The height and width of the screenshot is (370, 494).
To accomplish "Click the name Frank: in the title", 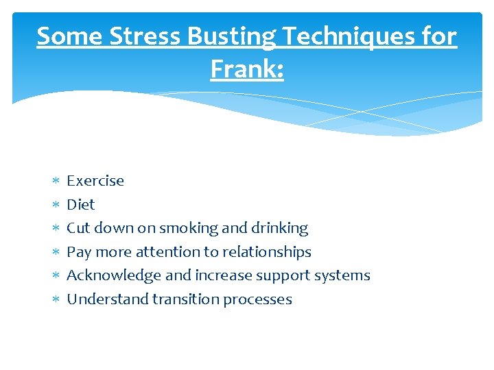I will (247, 69).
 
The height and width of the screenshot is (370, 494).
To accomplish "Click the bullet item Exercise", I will (95, 181).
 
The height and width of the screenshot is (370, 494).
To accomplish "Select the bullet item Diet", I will (80, 204).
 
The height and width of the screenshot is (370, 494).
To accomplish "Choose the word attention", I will (165, 251).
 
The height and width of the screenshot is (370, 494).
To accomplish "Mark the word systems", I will (343, 275).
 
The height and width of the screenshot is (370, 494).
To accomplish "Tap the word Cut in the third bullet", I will (78, 227).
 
